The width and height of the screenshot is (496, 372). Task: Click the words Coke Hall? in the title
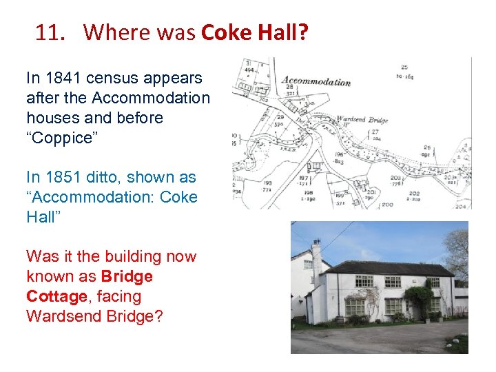point(255,32)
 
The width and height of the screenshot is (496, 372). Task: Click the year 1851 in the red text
point(77,177)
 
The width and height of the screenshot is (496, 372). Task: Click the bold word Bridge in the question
point(127,276)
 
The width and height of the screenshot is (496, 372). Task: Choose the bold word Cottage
point(58,296)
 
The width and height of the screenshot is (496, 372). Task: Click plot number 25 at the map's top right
point(403,67)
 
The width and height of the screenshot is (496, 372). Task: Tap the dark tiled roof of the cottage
point(386,267)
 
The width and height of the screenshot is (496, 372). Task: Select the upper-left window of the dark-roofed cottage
point(364,281)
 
